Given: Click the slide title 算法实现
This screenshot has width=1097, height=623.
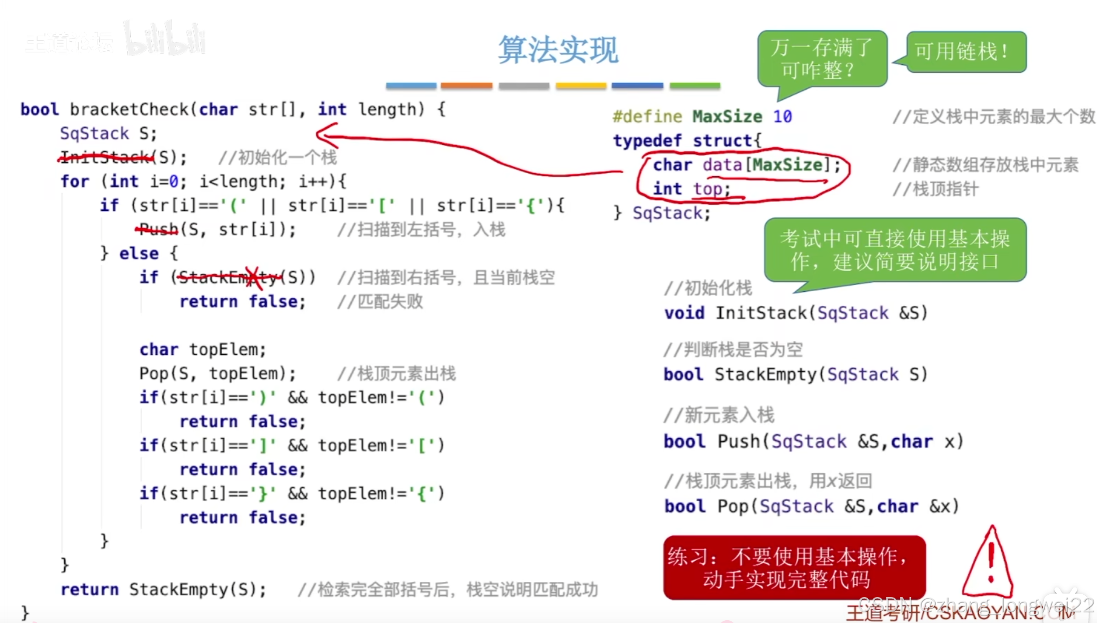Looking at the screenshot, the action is click(558, 50).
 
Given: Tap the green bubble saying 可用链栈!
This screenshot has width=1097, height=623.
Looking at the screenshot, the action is click(966, 52).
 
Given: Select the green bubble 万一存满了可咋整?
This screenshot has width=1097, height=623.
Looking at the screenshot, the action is click(821, 59).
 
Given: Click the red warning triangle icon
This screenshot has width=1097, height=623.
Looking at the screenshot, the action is click(989, 564).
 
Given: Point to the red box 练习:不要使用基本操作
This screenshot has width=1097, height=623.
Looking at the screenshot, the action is click(794, 568).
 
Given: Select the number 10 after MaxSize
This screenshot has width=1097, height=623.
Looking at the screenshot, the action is click(782, 116).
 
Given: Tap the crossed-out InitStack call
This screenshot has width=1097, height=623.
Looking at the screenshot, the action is click(105, 157).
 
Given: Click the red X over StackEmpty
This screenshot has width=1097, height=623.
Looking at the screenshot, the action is click(253, 277).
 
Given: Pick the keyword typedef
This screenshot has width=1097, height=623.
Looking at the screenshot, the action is click(647, 141).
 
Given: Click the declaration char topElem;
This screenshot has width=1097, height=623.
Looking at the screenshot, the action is click(202, 349).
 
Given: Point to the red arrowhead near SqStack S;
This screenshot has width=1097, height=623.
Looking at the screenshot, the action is click(324, 135).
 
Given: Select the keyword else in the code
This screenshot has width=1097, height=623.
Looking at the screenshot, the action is click(139, 253).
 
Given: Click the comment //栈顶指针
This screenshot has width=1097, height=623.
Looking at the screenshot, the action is click(935, 189).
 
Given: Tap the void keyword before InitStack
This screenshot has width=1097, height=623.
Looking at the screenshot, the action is click(684, 313).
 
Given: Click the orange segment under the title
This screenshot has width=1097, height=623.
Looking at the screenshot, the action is click(466, 86).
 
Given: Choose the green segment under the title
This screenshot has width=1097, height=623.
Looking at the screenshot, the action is click(694, 86).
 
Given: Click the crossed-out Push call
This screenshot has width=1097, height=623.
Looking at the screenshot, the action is click(158, 229).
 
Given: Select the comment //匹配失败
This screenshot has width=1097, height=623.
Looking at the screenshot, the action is click(380, 301).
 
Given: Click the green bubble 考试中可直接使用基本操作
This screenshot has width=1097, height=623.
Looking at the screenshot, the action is click(895, 250).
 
